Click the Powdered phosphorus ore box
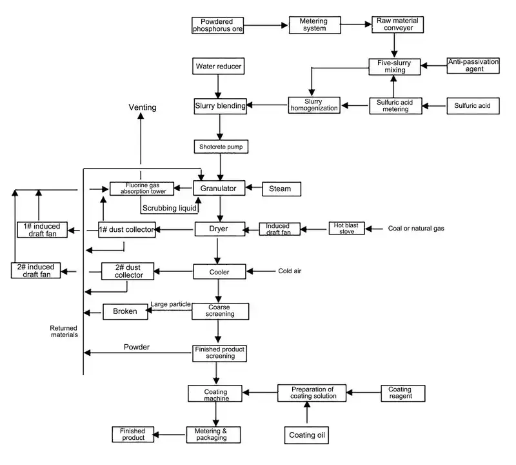(x=218, y=25)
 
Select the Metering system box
(x=313, y=25)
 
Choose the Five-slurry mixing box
(x=394, y=67)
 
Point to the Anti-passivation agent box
(x=473, y=66)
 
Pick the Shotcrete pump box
(x=221, y=147)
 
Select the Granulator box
(x=219, y=189)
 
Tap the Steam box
(x=280, y=189)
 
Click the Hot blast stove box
(x=347, y=228)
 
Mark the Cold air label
(x=290, y=271)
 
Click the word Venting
(x=143, y=107)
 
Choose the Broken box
(x=125, y=311)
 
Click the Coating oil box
(x=306, y=436)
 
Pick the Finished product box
(x=132, y=435)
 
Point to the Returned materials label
(x=64, y=331)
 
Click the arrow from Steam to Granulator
(x=253, y=189)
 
